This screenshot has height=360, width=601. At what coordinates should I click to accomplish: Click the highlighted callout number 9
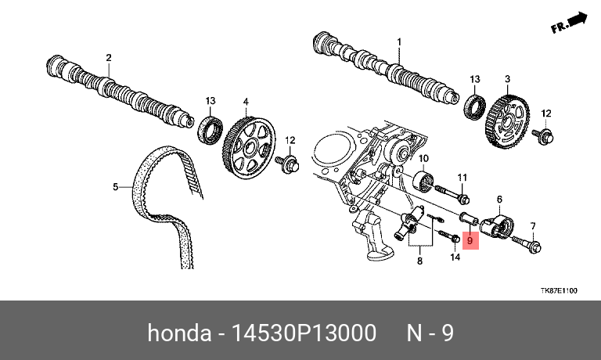(470, 241)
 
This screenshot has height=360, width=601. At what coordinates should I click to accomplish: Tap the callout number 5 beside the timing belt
(115, 187)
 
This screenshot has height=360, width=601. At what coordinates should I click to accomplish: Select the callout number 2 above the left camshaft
(109, 57)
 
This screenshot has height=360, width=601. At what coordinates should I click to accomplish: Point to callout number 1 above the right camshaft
(399, 41)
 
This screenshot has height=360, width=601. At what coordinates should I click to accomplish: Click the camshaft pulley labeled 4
(249, 147)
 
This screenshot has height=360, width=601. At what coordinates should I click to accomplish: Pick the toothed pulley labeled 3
(507, 122)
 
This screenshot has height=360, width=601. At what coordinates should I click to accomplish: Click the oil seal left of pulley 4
(211, 131)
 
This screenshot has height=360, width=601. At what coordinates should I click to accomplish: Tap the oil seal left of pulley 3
(475, 107)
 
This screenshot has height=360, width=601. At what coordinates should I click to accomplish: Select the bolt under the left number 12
(286, 164)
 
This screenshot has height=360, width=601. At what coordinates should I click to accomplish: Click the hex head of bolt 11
(464, 200)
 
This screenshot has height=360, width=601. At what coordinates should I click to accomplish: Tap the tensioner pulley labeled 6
(498, 227)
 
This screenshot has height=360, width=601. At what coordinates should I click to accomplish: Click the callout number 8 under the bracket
(419, 261)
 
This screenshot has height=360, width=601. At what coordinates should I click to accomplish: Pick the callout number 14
(455, 257)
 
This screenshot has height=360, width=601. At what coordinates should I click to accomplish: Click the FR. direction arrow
(569, 23)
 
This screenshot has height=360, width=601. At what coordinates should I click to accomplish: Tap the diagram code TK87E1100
(559, 290)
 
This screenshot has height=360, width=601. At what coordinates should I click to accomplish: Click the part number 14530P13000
(304, 333)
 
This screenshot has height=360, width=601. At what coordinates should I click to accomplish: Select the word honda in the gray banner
(179, 333)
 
